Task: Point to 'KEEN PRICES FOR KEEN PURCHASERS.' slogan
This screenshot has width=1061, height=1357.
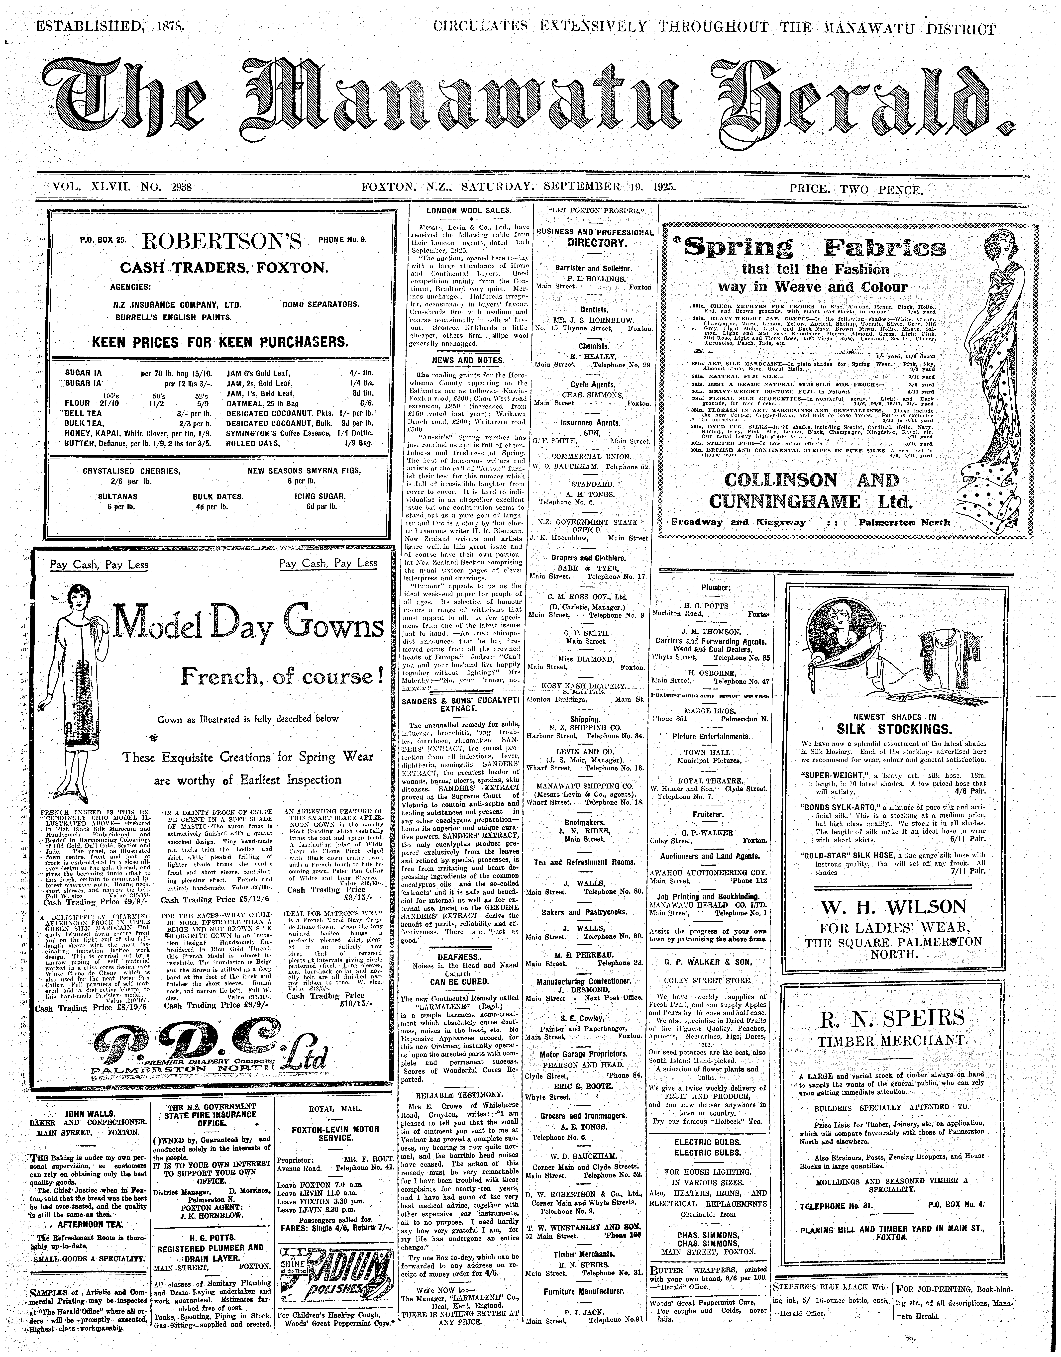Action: tap(220, 342)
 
